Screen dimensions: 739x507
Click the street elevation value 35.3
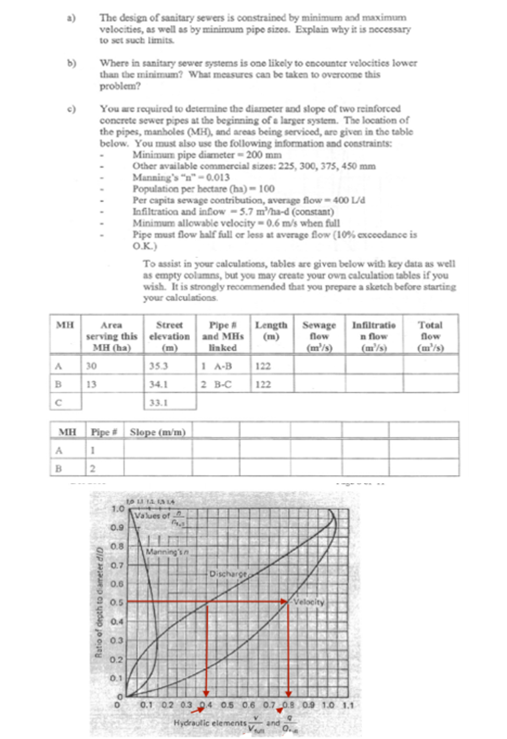click(158, 366)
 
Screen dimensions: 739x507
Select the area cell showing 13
click(91, 384)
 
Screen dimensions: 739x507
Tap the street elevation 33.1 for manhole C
click(158, 403)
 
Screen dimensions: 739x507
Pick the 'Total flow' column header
click(430, 336)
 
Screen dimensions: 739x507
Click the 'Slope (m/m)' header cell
click(158, 432)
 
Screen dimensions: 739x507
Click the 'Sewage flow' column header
click(319, 336)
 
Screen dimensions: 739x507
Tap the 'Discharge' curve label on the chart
click(228, 574)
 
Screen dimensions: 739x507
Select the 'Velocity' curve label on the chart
click(309, 602)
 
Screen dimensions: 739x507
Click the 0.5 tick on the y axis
click(117, 602)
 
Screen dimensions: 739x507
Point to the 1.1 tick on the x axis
click(348, 705)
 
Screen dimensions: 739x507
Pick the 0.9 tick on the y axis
click(117, 527)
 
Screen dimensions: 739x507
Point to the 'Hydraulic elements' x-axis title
click(210, 723)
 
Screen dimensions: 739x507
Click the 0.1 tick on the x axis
click(146, 705)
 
